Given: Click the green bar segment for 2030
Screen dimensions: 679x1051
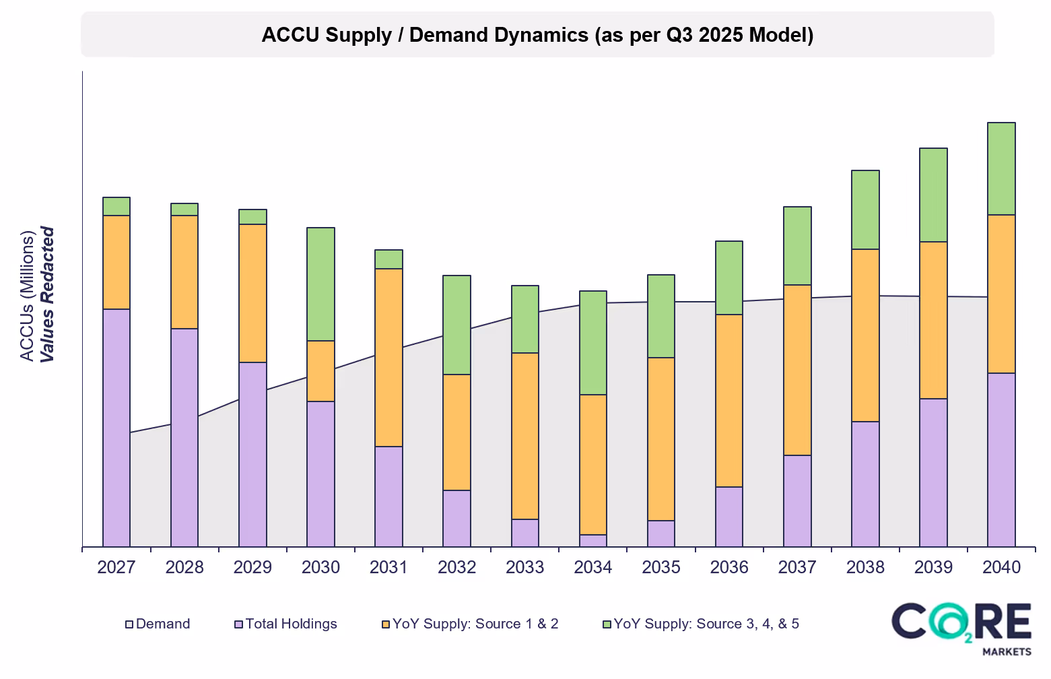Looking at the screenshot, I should (320, 284).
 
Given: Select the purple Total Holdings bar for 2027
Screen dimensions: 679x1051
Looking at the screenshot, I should (116, 427).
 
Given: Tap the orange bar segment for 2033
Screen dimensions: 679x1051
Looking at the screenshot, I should (525, 435).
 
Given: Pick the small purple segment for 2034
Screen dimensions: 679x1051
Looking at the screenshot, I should (593, 540).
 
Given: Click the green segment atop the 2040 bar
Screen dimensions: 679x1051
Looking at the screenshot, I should (1001, 168).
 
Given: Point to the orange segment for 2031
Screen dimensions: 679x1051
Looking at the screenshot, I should (388, 357).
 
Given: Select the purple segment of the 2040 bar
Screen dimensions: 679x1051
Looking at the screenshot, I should (1001, 459).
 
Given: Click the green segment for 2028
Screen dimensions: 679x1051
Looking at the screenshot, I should (184, 209).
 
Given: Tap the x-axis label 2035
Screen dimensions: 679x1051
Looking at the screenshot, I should (661, 567).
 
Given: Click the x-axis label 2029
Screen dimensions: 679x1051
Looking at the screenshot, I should (252, 567).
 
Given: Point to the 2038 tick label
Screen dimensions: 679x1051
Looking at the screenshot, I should (865, 567).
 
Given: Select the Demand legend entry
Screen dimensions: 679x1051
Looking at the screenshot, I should (158, 624).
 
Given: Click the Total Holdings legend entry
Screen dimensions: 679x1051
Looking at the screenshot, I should (285, 624).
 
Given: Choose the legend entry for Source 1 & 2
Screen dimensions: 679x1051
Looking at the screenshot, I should (470, 624).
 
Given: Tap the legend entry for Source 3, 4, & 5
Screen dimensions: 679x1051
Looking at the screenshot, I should (701, 624).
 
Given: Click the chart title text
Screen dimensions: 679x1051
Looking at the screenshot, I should (537, 34).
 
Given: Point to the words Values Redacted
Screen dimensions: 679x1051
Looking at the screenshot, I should (47, 294).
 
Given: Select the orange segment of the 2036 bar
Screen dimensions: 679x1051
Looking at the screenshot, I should (729, 400).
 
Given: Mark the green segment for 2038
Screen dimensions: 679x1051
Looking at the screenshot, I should (865, 209).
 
